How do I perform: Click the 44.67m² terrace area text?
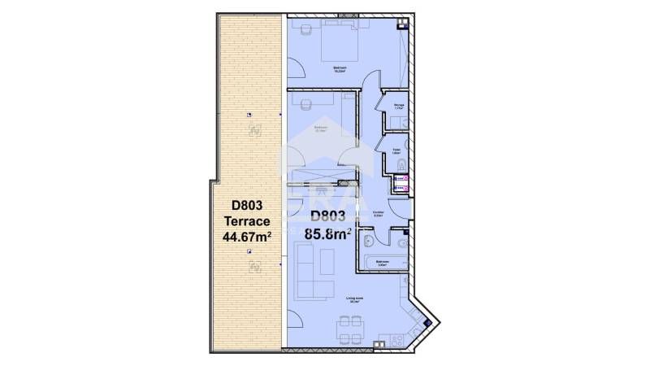[246, 237]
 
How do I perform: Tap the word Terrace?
[246, 220]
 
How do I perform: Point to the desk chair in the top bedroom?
[306, 30]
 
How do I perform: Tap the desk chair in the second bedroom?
[306, 106]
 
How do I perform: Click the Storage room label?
[399, 107]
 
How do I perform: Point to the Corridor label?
[378, 213]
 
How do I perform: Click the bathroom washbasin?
[370, 242]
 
